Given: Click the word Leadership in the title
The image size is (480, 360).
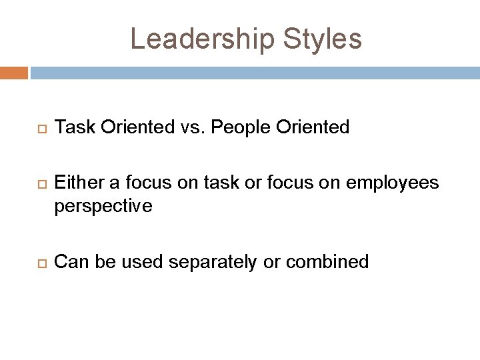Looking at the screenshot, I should [198, 39].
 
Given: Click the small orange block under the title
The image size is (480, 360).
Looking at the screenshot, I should [13, 73].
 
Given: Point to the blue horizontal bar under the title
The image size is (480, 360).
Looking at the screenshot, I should [254, 73].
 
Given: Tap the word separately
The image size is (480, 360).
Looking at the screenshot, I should [211, 261].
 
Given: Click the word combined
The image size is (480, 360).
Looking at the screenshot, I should [328, 261].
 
